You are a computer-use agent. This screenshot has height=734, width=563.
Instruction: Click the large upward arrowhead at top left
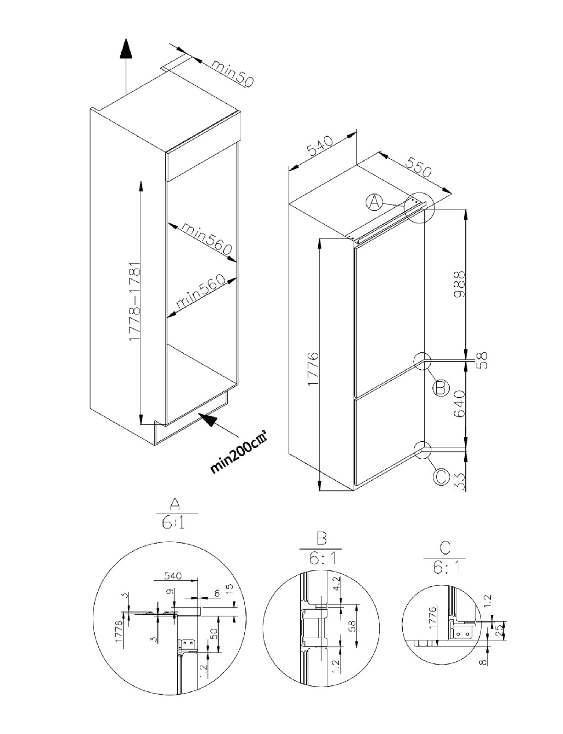click(x=126, y=49)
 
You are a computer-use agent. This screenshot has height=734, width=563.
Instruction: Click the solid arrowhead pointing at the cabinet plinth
click(x=208, y=419)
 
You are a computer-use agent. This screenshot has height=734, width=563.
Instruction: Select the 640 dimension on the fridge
click(x=459, y=404)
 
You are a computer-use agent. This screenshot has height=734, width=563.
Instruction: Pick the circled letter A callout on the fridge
click(x=375, y=202)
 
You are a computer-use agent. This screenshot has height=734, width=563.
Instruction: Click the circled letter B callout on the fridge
click(x=440, y=389)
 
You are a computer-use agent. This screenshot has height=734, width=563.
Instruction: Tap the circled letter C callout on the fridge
click(x=441, y=477)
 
